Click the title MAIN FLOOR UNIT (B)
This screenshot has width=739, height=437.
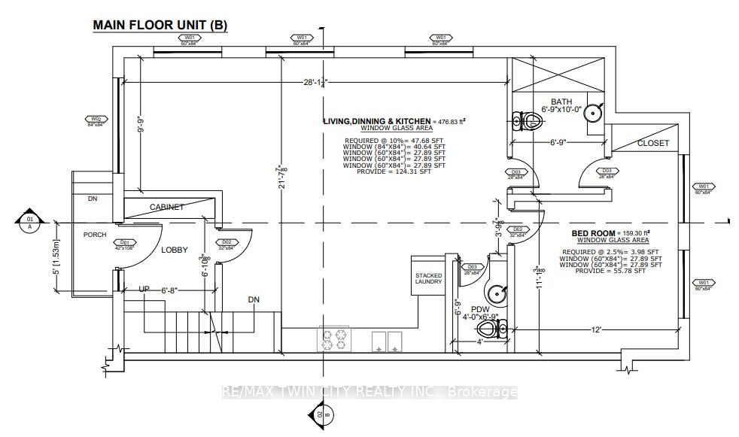[159, 25]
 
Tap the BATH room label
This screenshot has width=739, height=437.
[561, 102]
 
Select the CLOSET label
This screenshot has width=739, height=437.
[652, 143]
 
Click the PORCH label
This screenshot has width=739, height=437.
[96, 235]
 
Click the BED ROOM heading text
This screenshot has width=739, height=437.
[593, 233]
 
